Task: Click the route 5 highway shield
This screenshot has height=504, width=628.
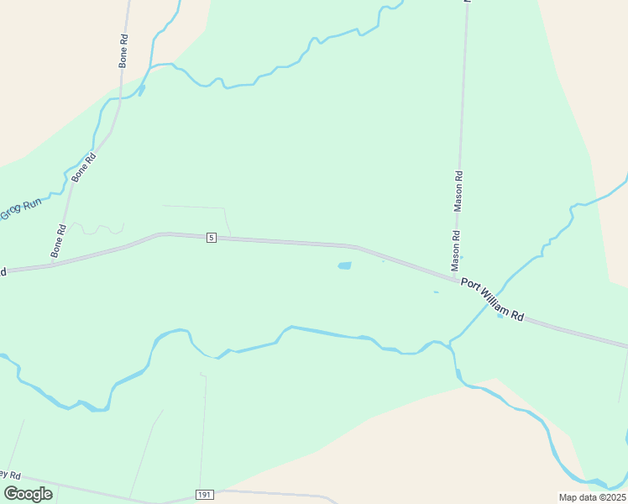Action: pyautogui.click(x=211, y=239)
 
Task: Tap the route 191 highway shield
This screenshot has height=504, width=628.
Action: pyautogui.click(x=204, y=494)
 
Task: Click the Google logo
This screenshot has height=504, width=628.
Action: pyautogui.click(x=28, y=493)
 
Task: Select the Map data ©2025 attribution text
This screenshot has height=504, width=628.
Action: pyautogui.click(x=592, y=497)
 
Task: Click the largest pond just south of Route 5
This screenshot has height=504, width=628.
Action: pyautogui.click(x=344, y=266)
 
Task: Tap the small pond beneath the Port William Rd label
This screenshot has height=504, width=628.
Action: pyautogui.click(x=500, y=316)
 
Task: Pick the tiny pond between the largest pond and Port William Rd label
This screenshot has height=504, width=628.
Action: pyautogui.click(x=436, y=292)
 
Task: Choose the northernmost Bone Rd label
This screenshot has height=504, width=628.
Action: pyautogui.click(x=123, y=50)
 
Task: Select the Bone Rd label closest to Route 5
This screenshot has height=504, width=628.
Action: pyautogui.click(x=58, y=241)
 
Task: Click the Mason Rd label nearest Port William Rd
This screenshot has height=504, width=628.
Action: pyautogui.click(x=456, y=245)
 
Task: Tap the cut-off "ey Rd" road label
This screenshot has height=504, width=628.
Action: pyautogui.click(x=11, y=475)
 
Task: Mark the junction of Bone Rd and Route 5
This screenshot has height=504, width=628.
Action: pyautogui.click(x=52, y=264)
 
